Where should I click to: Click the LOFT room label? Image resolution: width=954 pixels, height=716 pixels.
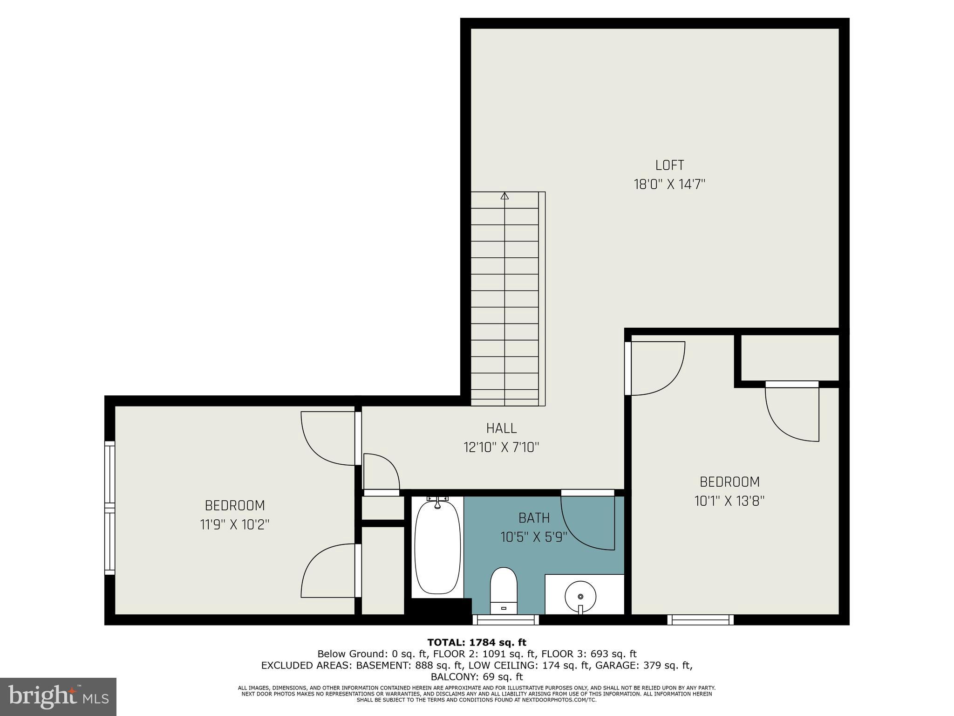pyautogui.click(x=669, y=165)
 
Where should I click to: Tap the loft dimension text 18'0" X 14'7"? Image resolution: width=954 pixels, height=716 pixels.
pyautogui.click(x=669, y=185)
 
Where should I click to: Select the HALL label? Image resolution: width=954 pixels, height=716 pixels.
pyautogui.click(x=501, y=428)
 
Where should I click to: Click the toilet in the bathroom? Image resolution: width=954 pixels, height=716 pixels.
pyautogui.click(x=504, y=590)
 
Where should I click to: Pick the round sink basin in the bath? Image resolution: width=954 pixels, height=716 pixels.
pyautogui.click(x=580, y=596)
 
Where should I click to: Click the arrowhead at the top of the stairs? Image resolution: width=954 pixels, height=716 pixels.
pyautogui.click(x=504, y=196)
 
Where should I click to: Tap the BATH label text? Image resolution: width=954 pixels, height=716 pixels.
pyautogui.click(x=534, y=518)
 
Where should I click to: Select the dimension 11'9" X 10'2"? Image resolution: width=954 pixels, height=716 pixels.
pyautogui.click(x=235, y=525)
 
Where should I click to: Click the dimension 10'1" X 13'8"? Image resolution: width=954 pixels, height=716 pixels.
pyautogui.click(x=729, y=501)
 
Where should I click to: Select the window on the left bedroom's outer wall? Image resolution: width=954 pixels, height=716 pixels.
pyautogui.click(x=109, y=508)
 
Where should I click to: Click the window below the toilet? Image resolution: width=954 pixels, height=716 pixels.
pyautogui.click(x=505, y=620)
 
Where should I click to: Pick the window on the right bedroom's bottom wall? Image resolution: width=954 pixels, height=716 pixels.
pyautogui.click(x=700, y=620)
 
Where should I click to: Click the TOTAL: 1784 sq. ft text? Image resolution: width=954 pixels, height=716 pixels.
pyautogui.click(x=477, y=643)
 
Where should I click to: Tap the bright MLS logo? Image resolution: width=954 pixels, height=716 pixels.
pyautogui.click(x=58, y=696)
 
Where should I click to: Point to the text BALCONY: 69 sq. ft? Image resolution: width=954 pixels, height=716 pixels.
pyautogui.click(x=477, y=677)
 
